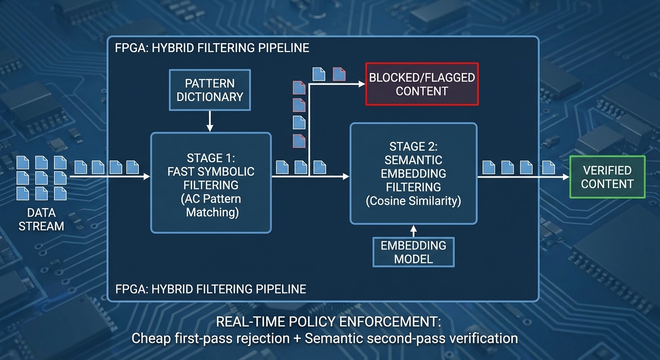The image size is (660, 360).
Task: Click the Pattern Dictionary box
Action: pos(210,90)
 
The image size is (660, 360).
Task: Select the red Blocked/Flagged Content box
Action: pos(422,84)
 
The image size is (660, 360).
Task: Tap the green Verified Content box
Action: pos(607,177)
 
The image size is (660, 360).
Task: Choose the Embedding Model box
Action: pos(413,252)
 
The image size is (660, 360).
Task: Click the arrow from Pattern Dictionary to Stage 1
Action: pos(210,121)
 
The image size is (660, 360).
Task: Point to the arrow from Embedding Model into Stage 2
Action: pos(413,231)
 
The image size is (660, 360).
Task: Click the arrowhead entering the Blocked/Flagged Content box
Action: pos(361,84)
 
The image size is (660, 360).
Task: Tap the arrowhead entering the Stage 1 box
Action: pos(147,177)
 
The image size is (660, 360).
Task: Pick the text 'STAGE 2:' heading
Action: pos(413,146)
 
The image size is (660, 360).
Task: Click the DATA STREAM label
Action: pos(41,219)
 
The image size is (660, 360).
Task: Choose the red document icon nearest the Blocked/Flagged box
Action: pos(339,74)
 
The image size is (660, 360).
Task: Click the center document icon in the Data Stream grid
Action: pos(41,178)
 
